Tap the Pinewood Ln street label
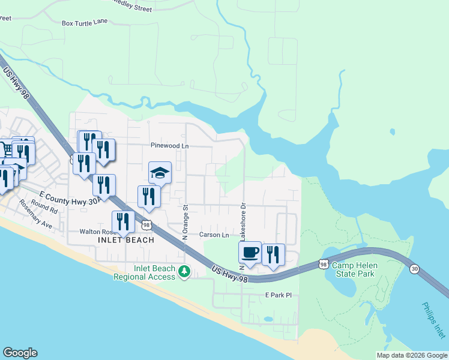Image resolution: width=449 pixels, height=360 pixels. pyautogui.click(x=169, y=146)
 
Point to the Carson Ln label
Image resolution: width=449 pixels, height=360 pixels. pyautogui.click(x=214, y=235)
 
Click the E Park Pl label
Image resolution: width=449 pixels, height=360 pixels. pyautogui.click(x=278, y=295)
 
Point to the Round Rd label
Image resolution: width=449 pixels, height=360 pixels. pyautogui.click(x=44, y=208)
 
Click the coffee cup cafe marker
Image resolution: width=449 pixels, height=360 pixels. pyautogui.click(x=250, y=251)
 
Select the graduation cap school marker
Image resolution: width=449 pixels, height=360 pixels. pyautogui.click(x=160, y=173)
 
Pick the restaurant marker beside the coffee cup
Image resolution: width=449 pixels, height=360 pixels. pyautogui.click(x=273, y=254)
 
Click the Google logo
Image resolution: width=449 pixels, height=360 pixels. pyautogui.click(x=20, y=353)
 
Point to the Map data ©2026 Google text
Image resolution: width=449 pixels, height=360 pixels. pyautogui.click(x=411, y=355)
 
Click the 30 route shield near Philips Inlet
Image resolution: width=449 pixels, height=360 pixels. pyautogui.click(x=414, y=269)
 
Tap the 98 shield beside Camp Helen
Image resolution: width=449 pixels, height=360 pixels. pyautogui.click(x=324, y=264)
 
